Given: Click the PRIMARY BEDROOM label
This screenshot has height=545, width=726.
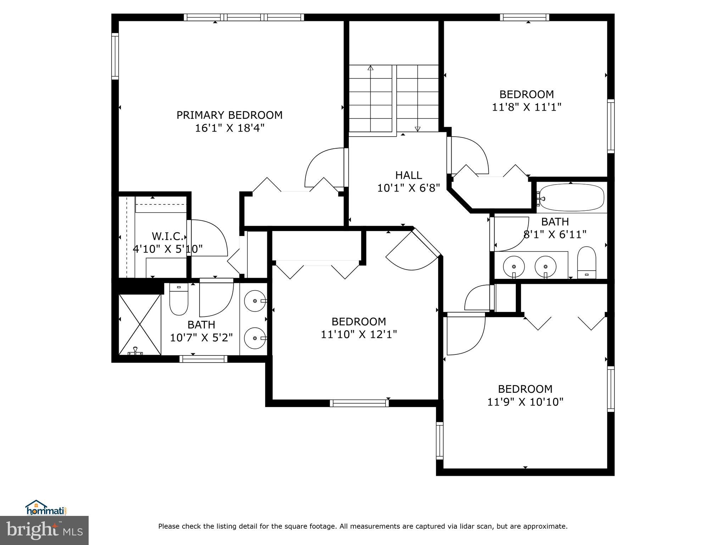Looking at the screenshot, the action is pos(229,115).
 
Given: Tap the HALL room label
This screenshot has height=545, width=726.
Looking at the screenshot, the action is pos(409,175).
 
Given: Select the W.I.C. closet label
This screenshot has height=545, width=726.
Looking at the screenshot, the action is pos(167,236).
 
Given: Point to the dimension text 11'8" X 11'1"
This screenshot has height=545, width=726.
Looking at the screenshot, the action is pos(527,107).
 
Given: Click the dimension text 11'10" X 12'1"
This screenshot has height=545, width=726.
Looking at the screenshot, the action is pos(359,335).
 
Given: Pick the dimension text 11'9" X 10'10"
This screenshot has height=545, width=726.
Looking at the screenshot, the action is pos(525,402).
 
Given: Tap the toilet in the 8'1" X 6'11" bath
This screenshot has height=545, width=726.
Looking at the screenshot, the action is pos(587,263).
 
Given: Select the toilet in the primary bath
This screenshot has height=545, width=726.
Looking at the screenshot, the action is pos(179,299).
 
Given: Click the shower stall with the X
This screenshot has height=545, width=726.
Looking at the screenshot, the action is pos(140,324).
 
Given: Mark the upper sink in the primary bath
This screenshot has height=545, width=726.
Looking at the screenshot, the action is pos(255,301).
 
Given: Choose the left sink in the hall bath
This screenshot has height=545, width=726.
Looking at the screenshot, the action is pos(514,266).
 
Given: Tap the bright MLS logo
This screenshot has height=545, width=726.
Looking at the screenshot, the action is pos(44,530).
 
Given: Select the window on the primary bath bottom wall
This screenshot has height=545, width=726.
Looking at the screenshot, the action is pos(203,359).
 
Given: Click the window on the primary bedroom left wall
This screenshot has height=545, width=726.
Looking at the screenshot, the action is pos(115,56).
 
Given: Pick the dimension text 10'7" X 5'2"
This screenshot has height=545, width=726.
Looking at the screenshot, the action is pos(201,337).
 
